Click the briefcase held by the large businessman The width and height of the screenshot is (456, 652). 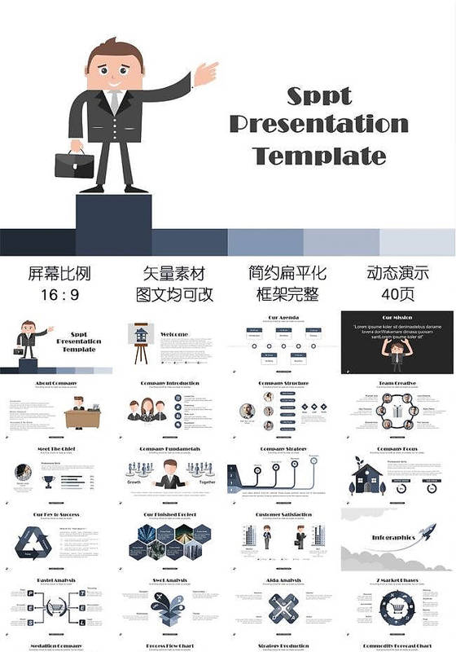74,164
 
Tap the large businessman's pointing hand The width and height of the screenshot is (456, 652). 205,74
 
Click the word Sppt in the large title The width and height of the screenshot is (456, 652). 319,95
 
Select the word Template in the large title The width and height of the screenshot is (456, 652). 319,155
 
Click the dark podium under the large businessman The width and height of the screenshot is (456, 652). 113,213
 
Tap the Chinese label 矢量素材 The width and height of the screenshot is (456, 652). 173,274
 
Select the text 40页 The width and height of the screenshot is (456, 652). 397,295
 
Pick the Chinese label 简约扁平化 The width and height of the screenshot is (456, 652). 287,274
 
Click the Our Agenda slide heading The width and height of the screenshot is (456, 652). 284,318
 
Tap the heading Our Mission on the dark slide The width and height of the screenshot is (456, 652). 397,318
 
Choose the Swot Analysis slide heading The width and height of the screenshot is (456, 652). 170,580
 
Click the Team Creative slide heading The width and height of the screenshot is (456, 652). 397,383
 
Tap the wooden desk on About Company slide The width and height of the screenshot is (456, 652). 82,418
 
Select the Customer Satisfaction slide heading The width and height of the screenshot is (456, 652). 284,515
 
